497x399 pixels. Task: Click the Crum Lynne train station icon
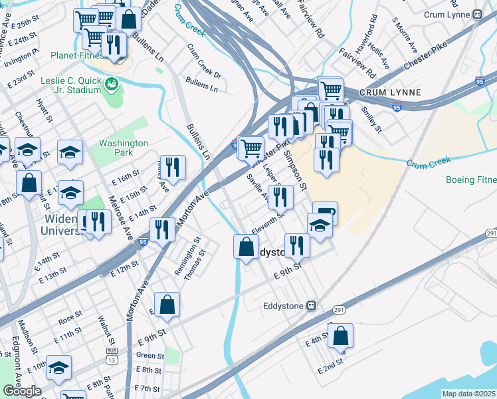pos(476,14)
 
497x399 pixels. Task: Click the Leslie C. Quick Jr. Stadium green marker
pos(112,84)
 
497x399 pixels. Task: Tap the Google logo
pos(22,390)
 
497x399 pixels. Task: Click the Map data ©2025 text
pos(468,394)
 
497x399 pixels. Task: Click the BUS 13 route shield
pos(111,355)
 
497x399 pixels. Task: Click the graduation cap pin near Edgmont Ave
pos(58,368)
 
